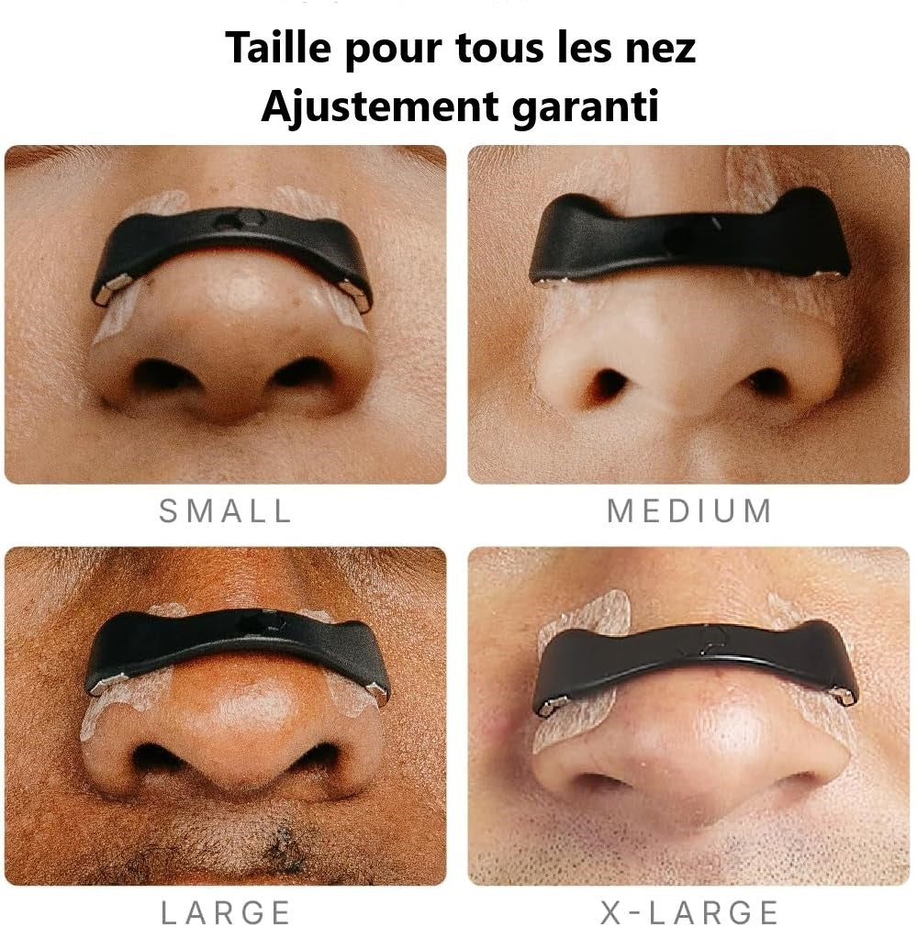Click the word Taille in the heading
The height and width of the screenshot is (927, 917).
point(277,48)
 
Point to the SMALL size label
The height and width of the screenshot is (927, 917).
point(225,511)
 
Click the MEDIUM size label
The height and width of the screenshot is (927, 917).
point(688,511)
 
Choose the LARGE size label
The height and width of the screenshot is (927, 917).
point(225,912)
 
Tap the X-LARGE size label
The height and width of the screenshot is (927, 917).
point(688,912)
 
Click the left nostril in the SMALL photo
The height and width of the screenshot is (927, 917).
point(160,374)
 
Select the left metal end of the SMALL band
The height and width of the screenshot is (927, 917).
point(106,291)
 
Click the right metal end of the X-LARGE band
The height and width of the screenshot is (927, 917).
point(844,696)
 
